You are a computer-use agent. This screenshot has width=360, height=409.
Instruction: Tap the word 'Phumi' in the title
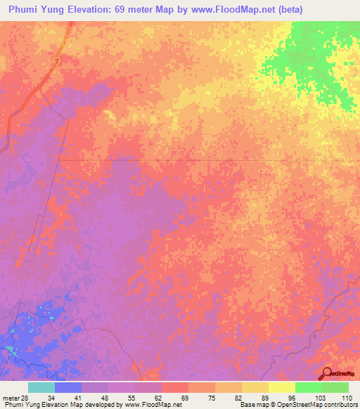(22, 9)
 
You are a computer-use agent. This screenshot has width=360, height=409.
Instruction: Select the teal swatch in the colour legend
(41, 387)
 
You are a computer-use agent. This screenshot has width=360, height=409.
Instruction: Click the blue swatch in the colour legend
(68, 387)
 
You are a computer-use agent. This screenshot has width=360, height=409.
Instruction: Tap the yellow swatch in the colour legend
(282, 387)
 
